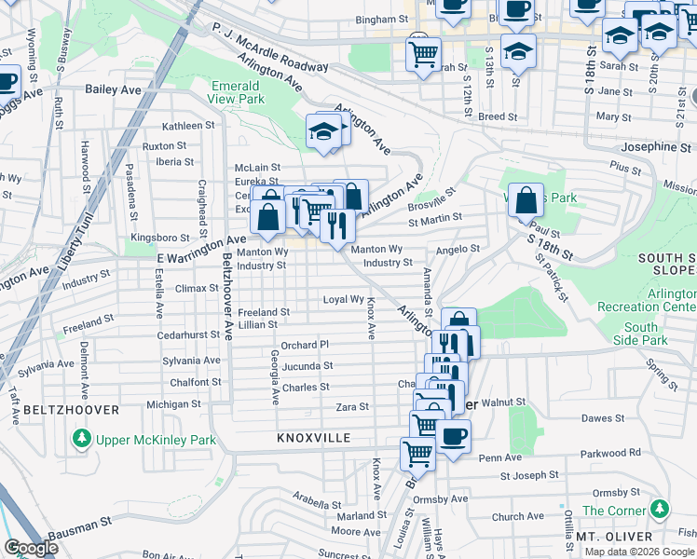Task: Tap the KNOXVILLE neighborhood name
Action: [x=313, y=437]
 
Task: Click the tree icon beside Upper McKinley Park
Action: [x=83, y=438]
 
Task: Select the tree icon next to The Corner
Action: [x=660, y=510]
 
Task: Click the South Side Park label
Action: [x=640, y=334]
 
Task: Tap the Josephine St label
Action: [x=657, y=147]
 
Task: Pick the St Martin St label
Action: [x=435, y=217]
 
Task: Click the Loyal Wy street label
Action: [x=342, y=299]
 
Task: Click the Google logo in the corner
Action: [x=30, y=548]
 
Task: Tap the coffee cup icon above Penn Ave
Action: [x=453, y=437]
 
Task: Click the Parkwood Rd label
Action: [x=609, y=453]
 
